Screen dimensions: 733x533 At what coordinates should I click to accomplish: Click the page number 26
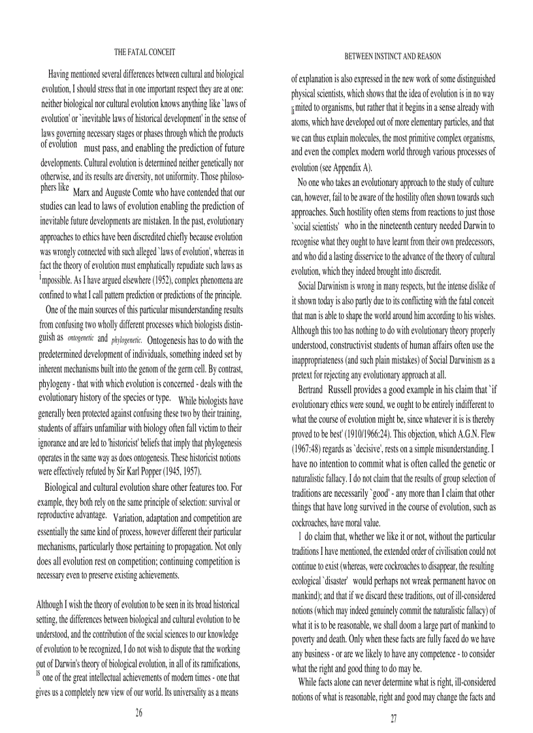pyautogui.click(x=138, y=712)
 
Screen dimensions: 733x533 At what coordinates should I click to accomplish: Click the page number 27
pyautogui.click(x=394, y=719)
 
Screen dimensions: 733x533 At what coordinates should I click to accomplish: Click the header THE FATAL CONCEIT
pyautogui.click(x=145, y=52)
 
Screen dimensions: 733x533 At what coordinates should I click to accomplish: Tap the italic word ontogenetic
pyautogui.click(x=80, y=339)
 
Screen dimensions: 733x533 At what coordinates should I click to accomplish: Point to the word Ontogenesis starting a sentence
pyautogui.click(x=172, y=340)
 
